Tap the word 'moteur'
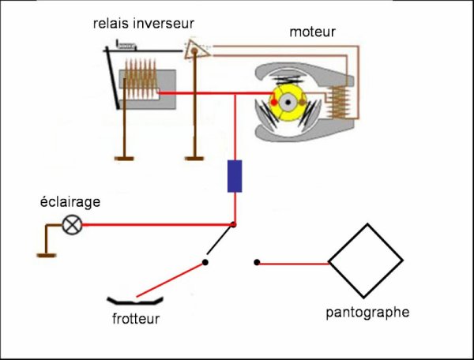[312, 32]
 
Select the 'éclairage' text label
[71, 202]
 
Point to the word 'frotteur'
[136, 319]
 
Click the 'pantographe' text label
[367, 312]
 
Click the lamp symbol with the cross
[73, 226]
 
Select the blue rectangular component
[235, 176]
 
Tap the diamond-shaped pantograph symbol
[366, 261]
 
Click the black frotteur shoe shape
[135, 300]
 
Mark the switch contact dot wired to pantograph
[256, 262]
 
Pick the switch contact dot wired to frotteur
[205, 262]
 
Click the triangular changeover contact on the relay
[197, 51]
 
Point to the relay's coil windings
[142, 87]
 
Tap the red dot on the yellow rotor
[275, 103]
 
